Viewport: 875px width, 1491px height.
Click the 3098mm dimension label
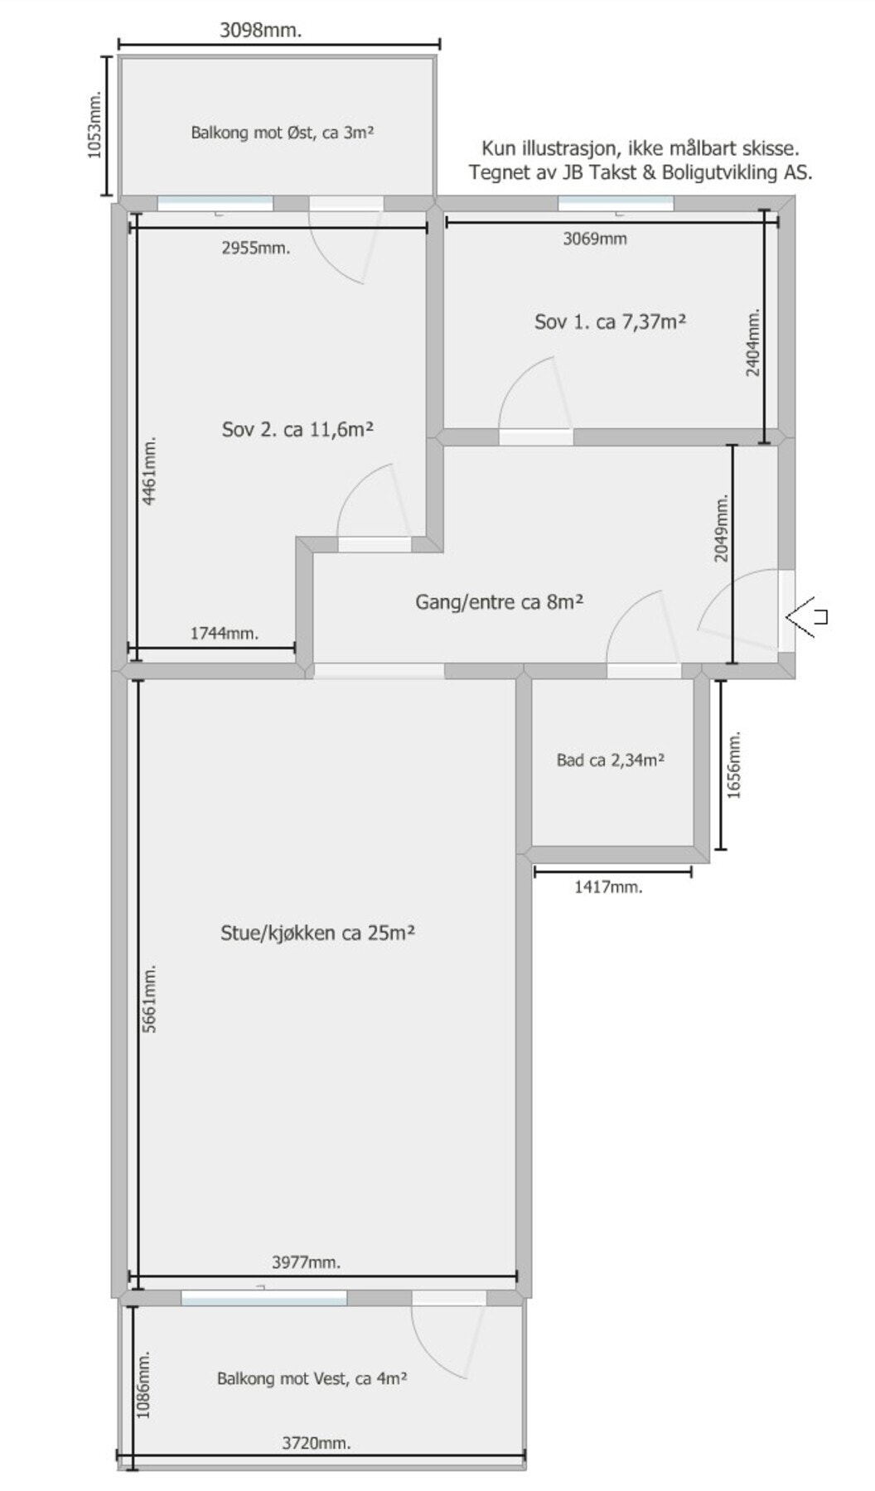(260, 31)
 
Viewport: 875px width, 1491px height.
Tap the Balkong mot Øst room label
(282, 133)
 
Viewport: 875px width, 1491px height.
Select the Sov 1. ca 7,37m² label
(610, 321)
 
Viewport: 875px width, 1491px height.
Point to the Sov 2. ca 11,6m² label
(297, 429)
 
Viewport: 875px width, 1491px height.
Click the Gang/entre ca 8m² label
(500, 601)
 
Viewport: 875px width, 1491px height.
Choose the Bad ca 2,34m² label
(610, 760)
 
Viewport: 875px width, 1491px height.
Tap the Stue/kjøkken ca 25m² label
(317, 933)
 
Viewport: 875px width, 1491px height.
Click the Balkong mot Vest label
(312, 1378)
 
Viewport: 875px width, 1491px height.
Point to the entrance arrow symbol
(806, 616)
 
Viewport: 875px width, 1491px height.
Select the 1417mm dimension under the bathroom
(608, 887)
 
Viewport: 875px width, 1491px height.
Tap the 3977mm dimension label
(306, 1262)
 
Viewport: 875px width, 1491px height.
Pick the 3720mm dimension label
(316, 1442)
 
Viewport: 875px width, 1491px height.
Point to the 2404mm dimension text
(752, 343)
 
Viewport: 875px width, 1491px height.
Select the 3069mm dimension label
(594, 239)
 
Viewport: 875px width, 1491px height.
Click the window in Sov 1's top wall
(615, 202)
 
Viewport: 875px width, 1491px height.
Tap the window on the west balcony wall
(263, 1298)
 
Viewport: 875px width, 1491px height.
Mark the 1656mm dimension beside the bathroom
(734, 764)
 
